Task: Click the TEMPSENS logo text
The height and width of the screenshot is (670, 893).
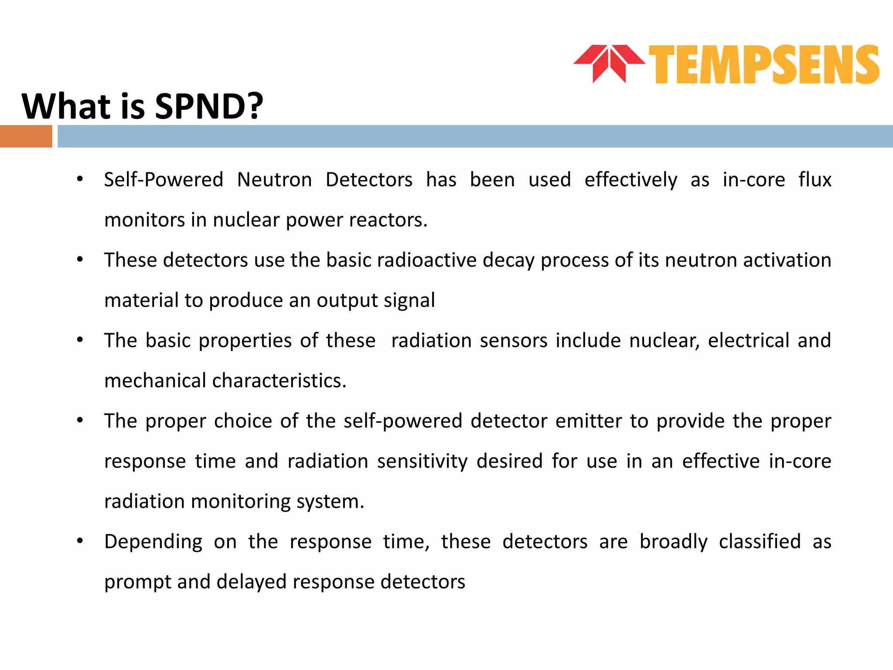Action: tap(764, 65)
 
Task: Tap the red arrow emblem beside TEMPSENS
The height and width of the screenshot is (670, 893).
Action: tap(609, 63)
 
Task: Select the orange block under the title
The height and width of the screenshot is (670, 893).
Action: tap(26, 136)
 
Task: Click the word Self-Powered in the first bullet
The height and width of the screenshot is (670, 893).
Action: tap(164, 180)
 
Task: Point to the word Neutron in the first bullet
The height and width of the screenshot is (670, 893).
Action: tap(274, 180)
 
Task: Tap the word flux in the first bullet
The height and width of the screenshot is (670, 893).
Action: tap(815, 180)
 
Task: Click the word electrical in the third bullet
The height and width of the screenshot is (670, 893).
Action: tap(748, 341)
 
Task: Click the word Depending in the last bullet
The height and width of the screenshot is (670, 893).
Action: tap(153, 542)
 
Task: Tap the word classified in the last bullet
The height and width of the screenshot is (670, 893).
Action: tap(760, 542)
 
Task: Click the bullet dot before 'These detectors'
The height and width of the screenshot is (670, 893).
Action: tap(80, 260)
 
